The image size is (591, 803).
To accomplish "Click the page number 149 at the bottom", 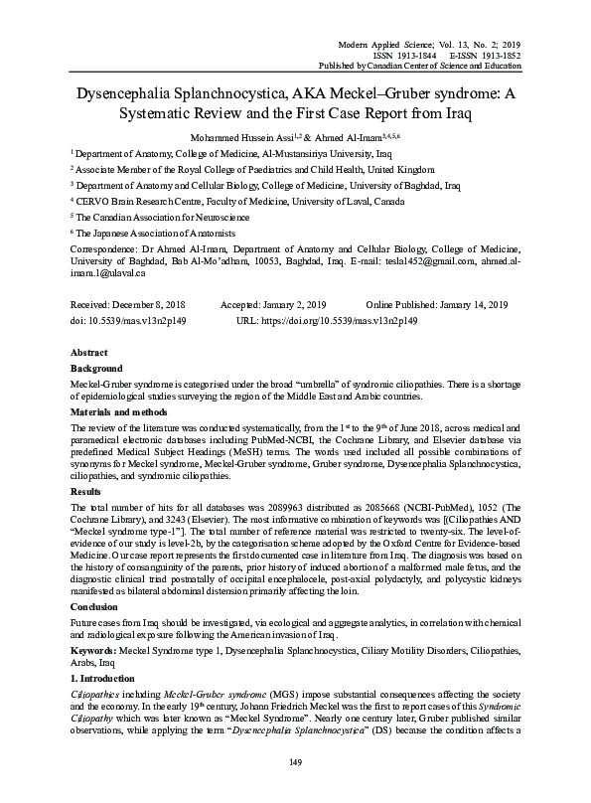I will coord(295,762).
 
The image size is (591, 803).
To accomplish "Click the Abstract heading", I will coord(89,353).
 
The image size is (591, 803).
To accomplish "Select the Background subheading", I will coord(96,368).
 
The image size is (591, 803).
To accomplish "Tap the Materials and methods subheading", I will coord(118,411).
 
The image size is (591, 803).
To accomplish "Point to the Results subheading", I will coord(86,491).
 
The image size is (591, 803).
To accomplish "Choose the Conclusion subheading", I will coord(95,606).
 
